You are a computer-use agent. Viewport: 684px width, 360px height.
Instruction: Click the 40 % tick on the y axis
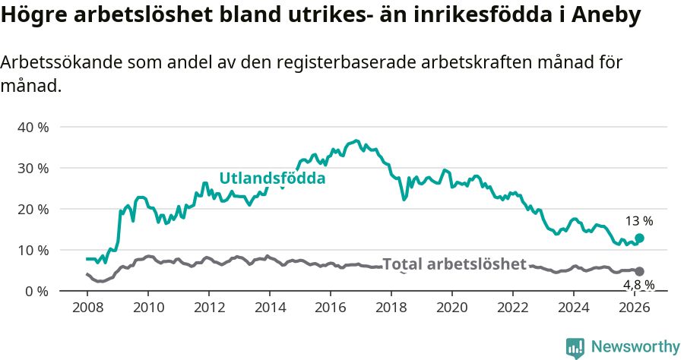33,127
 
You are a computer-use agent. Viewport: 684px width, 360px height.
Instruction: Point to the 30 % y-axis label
33,168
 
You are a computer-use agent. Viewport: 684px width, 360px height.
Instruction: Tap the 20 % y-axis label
33,209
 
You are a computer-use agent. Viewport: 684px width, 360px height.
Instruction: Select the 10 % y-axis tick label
33,250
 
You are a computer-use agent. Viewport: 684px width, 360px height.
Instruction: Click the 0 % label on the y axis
36,291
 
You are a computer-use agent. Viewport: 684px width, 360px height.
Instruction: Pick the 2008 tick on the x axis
87,308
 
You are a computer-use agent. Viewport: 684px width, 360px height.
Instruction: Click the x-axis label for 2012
209,308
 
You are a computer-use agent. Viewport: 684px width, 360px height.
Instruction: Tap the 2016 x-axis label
331,308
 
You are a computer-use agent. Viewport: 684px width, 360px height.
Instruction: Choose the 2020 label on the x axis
452,308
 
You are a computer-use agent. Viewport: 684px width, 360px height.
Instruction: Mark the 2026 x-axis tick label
635,308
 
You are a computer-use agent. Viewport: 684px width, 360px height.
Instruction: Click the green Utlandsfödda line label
272,178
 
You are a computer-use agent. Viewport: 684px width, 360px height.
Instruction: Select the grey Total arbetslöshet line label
454,264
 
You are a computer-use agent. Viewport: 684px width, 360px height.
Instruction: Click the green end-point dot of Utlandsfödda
639,238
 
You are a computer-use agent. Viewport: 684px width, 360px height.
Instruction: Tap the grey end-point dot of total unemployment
639,271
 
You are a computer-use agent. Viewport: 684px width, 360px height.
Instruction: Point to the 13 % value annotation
639,221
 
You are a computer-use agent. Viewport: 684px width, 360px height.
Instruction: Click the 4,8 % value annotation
638,285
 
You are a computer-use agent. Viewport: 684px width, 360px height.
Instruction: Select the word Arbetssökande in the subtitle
49,63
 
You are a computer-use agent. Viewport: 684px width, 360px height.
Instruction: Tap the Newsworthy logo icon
575,347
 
